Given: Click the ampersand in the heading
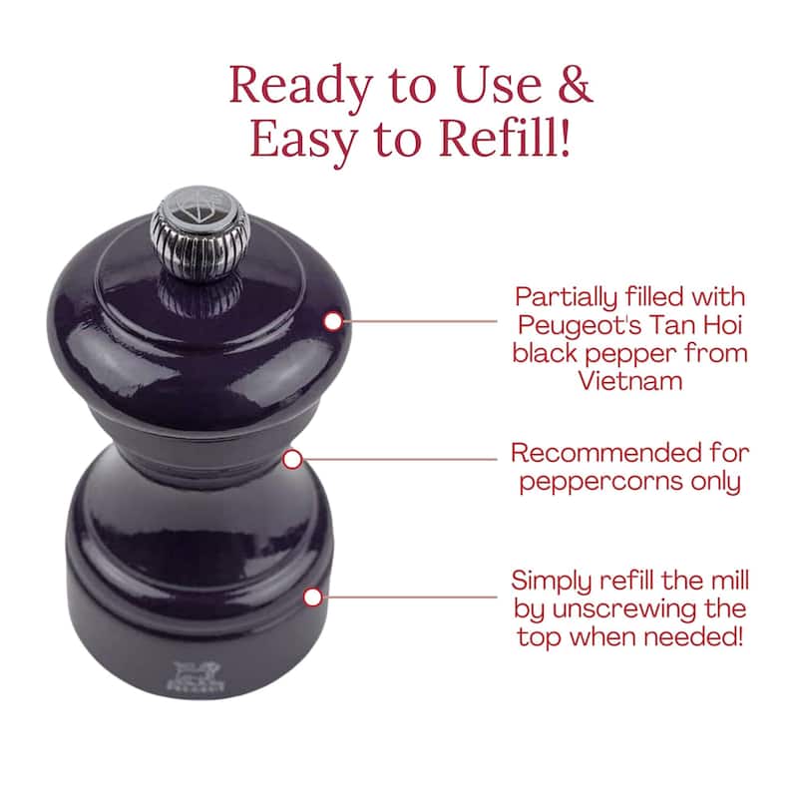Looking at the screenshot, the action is (x=576, y=84).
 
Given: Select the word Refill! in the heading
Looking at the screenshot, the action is (x=505, y=138).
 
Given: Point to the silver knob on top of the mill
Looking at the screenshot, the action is (x=200, y=233).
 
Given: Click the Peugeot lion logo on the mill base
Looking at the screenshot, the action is (x=196, y=676).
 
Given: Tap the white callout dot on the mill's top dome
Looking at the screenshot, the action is (x=333, y=321).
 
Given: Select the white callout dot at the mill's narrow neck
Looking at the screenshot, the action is (x=292, y=460).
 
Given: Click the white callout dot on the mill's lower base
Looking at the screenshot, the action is (x=313, y=597).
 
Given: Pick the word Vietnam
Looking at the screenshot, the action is (x=630, y=381).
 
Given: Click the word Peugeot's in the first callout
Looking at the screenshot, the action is (x=580, y=326).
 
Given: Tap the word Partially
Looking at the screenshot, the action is (x=566, y=298).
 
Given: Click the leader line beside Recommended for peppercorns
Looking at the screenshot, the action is (x=400, y=460).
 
